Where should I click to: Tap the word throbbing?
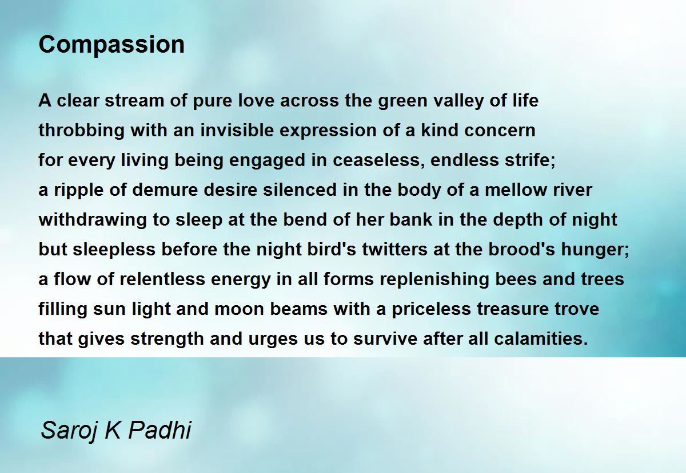pos(81,131)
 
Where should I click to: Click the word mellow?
pos(516,190)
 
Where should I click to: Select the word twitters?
pos(395,250)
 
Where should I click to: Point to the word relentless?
pos(162,279)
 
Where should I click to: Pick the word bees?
pos(516,279)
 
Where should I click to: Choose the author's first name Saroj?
pos(69,431)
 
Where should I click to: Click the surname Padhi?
pos(160,430)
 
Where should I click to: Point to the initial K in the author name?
pos(113,430)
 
